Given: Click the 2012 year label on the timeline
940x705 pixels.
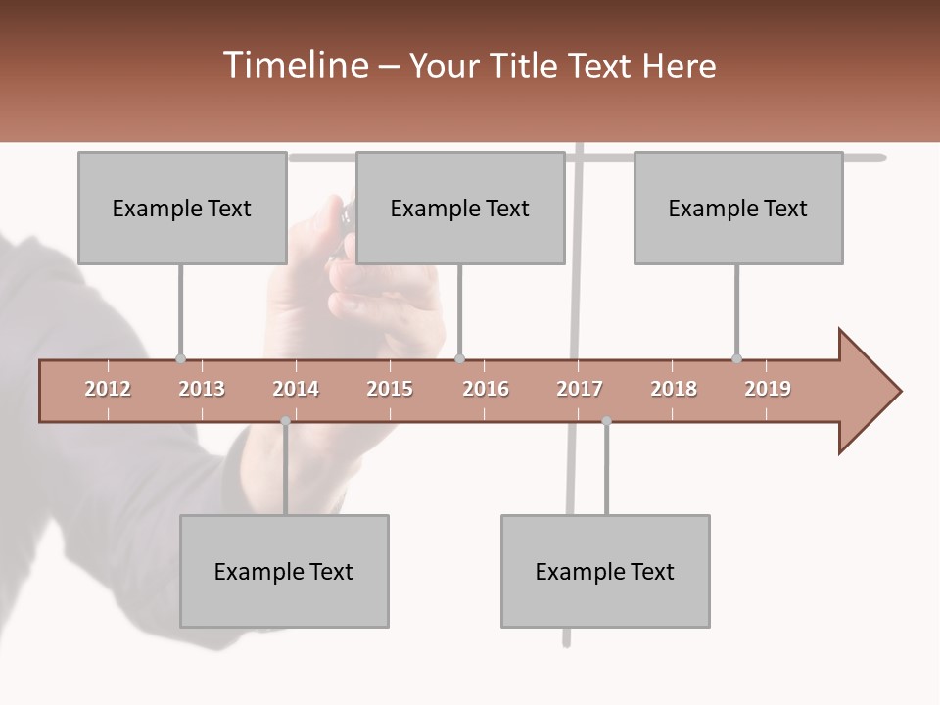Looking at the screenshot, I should tap(108, 389).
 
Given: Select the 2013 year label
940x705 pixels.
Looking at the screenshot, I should tap(202, 389).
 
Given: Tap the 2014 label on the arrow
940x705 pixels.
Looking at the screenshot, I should tap(296, 389).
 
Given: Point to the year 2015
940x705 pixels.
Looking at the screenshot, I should tap(390, 389).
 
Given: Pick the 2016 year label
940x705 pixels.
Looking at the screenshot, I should tap(486, 389).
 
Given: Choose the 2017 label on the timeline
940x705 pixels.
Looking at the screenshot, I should tap(580, 389).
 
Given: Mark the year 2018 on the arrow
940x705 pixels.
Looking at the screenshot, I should tap(674, 389).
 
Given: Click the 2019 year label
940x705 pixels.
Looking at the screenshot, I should tap(768, 389).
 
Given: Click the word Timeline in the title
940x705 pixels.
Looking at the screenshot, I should tap(294, 66).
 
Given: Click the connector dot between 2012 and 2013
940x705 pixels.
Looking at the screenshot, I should tap(180, 359).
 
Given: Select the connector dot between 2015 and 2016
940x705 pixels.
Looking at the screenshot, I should tap(459, 359).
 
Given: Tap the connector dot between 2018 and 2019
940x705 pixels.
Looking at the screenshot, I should tap(737, 359).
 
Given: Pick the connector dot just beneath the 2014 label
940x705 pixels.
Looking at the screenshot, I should tap(285, 421).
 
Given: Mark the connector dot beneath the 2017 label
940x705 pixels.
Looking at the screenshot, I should tap(606, 421).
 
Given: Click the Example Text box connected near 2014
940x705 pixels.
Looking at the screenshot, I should tap(284, 571).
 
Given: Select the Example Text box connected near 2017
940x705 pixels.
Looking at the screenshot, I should tap(605, 571).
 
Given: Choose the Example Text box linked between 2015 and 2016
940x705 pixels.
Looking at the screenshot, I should tap(460, 208).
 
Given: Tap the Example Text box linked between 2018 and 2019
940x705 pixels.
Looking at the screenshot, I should tap(738, 208).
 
